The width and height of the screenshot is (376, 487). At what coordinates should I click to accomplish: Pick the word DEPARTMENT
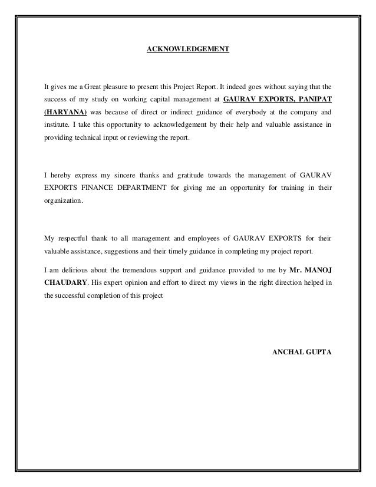click(149, 188)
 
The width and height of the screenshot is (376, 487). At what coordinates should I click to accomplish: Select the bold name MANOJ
click(319, 269)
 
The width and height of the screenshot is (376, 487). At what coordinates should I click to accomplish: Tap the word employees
click(220, 239)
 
